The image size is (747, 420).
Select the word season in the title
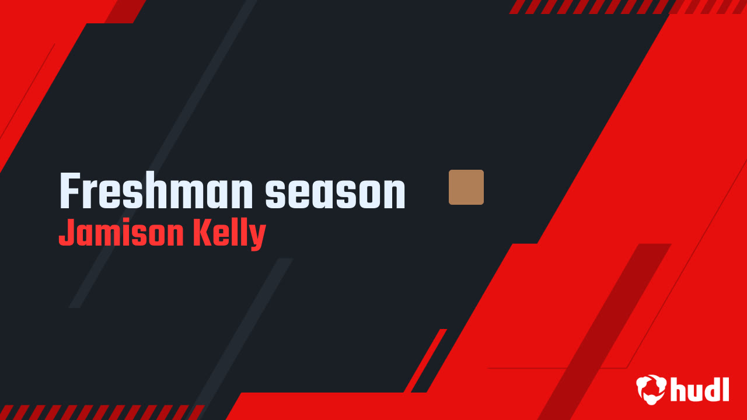point(336,193)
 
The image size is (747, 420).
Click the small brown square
point(466,187)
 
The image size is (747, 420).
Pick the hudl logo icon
point(651,389)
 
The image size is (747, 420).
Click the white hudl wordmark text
point(700,389)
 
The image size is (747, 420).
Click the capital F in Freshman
point(69,192)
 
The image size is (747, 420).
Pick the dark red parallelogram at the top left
point(125,11)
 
